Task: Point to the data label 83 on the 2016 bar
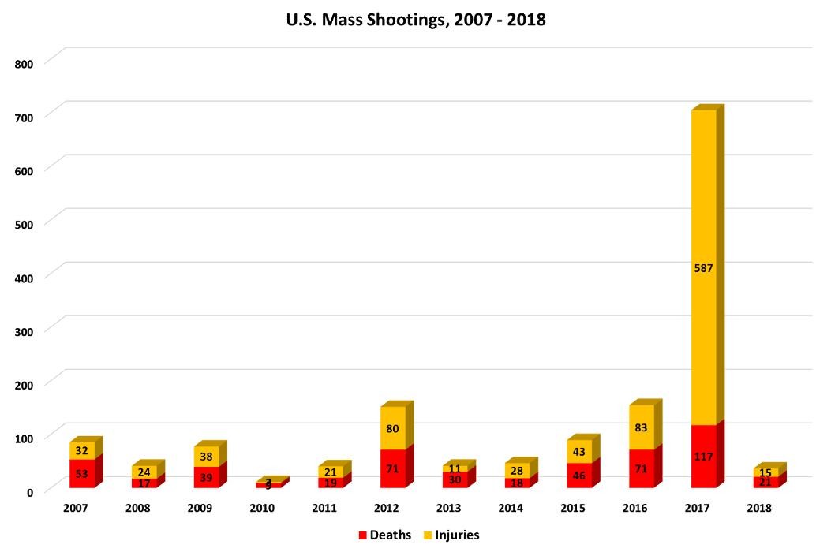[x=642, y=428]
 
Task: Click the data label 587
[x=703, y=268]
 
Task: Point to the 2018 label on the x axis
[x=758, y=509]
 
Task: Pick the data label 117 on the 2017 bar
[x=703, y=456]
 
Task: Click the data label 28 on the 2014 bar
[x=517, y=470]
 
